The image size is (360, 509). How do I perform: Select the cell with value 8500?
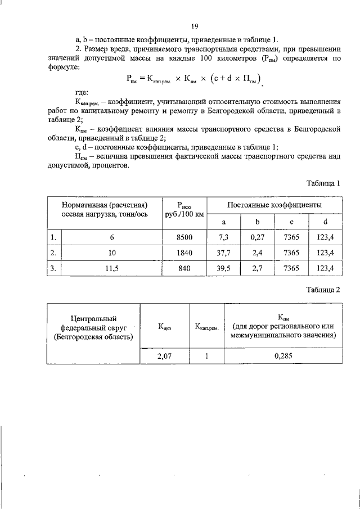point(184,237)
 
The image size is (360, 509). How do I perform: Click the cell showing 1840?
point(184,253)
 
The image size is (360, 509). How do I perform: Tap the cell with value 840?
point(184,269)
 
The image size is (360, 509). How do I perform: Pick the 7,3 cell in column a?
point(223,237)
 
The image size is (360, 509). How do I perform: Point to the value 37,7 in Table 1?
point(223,253)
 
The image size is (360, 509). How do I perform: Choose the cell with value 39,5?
point(223,269)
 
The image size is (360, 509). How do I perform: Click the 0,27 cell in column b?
point(257,237)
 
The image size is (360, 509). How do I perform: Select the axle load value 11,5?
point(111,269)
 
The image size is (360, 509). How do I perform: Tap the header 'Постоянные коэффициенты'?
point(274,204)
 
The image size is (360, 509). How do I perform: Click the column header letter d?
point(325,222)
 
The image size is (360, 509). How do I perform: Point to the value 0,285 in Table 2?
point(283,355)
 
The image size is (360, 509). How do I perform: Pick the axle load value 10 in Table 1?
point(111,253)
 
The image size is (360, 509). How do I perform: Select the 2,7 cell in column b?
point(257,269)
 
